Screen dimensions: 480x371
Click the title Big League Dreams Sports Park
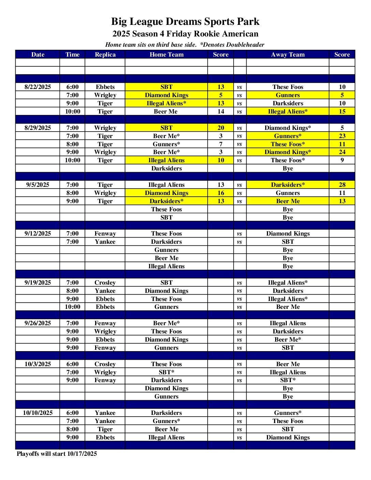tap(185, 21)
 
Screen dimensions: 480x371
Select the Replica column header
tap(105, 55)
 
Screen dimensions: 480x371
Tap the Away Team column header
tap(287, 55)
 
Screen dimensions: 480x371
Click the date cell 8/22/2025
tap(38, 87)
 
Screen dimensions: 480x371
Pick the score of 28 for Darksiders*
tap(342, 185)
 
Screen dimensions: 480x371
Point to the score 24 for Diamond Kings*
tap(342, 152)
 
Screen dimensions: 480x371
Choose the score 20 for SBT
tap(221, 128)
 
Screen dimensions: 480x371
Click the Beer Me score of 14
tap(221, 111)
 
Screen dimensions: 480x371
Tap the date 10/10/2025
tap(38, 413)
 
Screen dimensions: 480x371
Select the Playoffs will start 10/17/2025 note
tap(57, 454)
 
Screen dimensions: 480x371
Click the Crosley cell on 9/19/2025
tap(105, 283)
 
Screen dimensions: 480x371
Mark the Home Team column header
tap(166, 55)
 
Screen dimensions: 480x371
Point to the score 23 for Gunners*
tap(342, 136)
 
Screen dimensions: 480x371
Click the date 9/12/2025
tap(38, 234)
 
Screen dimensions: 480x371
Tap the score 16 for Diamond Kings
tap(221, 193)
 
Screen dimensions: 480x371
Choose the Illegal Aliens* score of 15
tap(342, 111)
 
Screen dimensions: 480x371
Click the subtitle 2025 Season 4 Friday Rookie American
tap(185, 34)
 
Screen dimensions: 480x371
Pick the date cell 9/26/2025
tap(38, 323)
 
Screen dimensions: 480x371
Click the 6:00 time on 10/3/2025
tap(72, 364)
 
